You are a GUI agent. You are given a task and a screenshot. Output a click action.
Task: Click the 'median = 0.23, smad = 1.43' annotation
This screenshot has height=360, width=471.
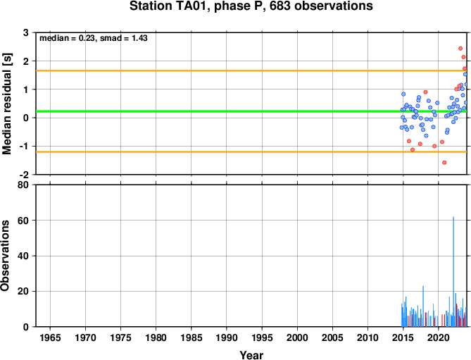[94, 38]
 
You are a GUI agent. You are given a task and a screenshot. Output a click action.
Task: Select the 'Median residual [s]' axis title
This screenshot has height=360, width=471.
[6, 104]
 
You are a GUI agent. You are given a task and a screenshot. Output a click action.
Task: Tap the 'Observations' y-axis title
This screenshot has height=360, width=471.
[5, 255]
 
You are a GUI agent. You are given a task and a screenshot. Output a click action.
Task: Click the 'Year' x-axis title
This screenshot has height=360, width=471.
[251, 355]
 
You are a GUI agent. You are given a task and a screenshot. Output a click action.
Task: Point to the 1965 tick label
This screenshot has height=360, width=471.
[50, 337]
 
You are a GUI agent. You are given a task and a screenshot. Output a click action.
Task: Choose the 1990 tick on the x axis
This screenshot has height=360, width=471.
[227, 337]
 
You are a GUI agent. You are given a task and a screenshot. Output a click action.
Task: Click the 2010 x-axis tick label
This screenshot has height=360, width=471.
[368, 337]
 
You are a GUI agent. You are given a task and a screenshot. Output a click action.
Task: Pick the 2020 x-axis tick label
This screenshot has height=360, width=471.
[438, 337]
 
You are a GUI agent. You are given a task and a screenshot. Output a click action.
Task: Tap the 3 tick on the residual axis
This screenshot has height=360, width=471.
[26, 32]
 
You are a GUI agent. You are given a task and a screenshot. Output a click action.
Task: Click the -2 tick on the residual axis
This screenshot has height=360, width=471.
[24, 175]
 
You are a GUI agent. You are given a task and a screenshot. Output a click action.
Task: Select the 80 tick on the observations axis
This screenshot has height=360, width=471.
[23, 185]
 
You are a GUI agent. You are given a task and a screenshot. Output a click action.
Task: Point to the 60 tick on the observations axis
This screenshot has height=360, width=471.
[23, 221]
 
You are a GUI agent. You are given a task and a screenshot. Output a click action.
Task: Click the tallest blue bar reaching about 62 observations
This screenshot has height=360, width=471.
[453, 272]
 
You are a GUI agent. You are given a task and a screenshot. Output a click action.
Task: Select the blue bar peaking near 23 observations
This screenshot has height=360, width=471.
[423, 306]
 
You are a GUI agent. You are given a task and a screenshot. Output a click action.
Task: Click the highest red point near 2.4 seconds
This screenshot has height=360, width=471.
[460, 49]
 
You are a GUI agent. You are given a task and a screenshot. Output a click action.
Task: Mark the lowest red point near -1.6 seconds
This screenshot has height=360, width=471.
[444, 163]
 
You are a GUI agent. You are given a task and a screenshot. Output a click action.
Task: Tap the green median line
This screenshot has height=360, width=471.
[251, 111]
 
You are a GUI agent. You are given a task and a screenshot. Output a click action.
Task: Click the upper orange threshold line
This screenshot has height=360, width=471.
[251, 71]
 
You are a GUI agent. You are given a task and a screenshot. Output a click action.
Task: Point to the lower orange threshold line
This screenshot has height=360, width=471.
[251, 151]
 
